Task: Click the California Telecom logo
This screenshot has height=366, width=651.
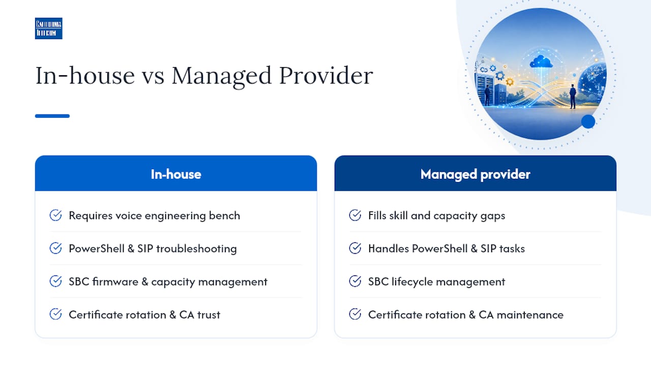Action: point(48,28)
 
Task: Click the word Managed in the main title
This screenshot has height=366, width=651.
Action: point(221,76)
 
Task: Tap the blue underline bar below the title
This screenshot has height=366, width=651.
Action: point(52,116)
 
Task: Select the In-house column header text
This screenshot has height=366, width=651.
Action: point(176,174)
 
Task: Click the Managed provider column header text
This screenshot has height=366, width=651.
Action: point(476,174)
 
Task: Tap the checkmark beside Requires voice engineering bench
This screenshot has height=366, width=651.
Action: point(55,215)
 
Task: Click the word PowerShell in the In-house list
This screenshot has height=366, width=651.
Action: point(97,249)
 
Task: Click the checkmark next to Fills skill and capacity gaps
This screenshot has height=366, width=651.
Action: point(355,215)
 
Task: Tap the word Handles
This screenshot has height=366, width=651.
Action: point(389,249)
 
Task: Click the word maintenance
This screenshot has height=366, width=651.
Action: point(530,315)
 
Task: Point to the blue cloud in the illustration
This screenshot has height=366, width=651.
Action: point(541,62)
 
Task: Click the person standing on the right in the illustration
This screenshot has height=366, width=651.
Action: point(573,96)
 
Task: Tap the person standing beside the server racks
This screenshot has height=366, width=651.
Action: point(487,95)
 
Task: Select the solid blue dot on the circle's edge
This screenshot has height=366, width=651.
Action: point(588,121)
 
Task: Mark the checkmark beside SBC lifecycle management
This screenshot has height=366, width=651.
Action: point(355,281)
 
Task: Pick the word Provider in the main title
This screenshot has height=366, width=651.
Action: point(326,76)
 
